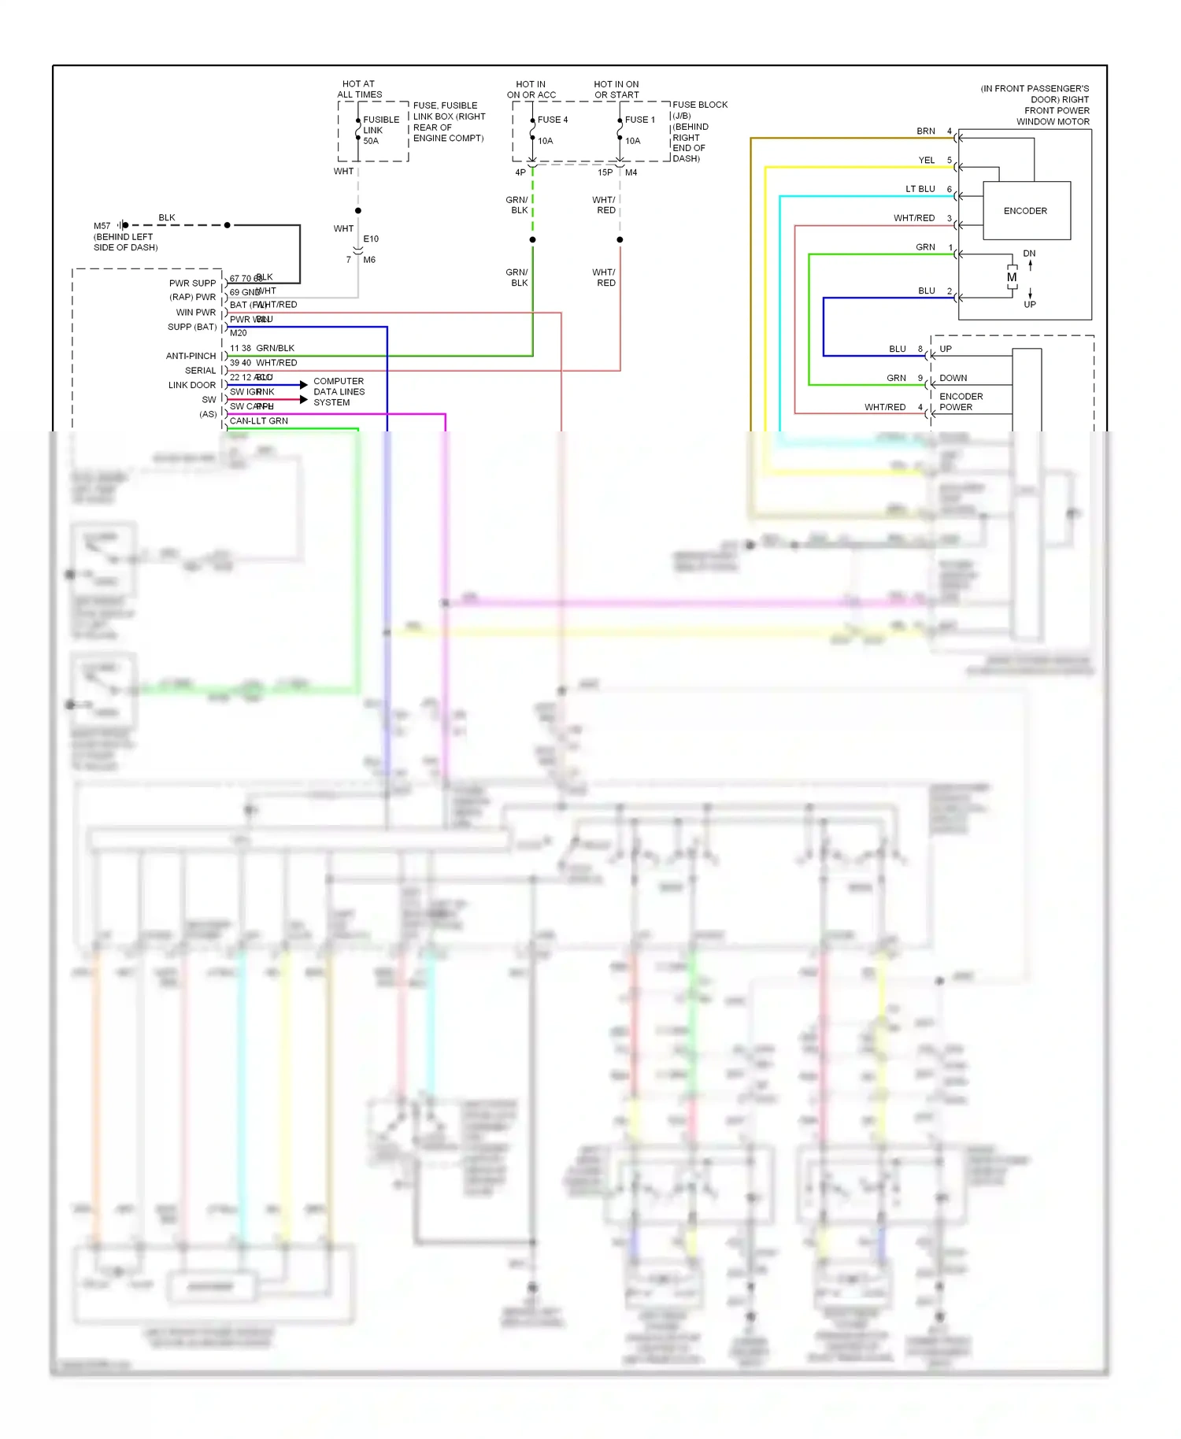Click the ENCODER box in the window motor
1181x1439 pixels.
click(x=1026, y=211)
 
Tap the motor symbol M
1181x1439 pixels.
click(x=1012, y=277)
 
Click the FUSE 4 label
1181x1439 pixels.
click(x=552, y=120)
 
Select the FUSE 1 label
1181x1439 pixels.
click(x=639, y=120)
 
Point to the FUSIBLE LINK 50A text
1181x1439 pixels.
click(x=380, y=130)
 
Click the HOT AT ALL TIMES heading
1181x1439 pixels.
click(x=359, y=89)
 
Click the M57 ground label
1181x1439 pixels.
click(x=102, y=226)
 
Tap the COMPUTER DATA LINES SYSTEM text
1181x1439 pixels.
click(x=339, y=391)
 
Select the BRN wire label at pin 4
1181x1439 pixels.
click(x=925, y=131)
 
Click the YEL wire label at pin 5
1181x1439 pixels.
click(x=926, y=161)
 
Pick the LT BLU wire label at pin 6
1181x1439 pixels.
click(x=920, y=190)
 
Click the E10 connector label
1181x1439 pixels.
click(x=371, y=239)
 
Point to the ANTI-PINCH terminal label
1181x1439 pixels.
click(x=191, y=356)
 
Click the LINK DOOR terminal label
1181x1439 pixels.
click(x=191, y=385)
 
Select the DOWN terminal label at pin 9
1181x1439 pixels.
click(x=953, y=379)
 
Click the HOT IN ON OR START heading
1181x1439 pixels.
click(x=616, y=90)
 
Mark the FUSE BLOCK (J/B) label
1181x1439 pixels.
click(x=699, y=110)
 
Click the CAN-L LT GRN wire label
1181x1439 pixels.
click(x=258, y=421)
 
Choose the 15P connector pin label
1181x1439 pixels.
click(x=605, y=172)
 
